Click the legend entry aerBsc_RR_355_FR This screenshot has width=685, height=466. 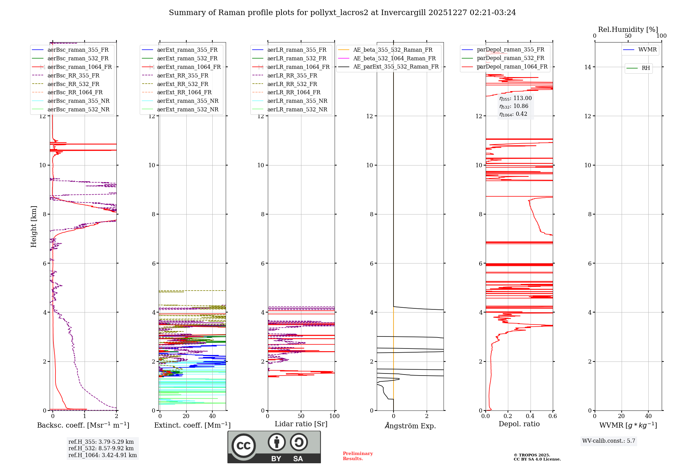pyautogui.click(x=73, y=75)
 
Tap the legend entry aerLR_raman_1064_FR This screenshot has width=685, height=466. pyautogui.click(x=298, y=67)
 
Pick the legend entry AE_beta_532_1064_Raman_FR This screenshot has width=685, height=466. pyautogui.click(x=394, y=58)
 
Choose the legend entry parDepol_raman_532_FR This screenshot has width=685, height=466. pyautogui.click(x=510, y=58)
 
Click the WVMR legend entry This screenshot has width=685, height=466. pyautogui.click(x=647, y=50)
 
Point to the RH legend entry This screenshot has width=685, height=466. pyautogui.click(x=646, y=68)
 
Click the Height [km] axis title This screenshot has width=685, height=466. pyautogui.click(x=34, y=226)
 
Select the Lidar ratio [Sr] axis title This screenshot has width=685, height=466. pyautogui.click(x=301, y=424)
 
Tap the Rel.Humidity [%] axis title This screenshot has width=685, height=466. pyautogui.click(x=628, y=29)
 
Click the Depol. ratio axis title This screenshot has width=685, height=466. pyautogui.click(x=519, y=424)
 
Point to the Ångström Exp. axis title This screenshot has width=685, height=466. pyautogui.click(x=410, y=426)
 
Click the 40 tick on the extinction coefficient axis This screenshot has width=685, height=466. pyautogui.click(x=212, y=416)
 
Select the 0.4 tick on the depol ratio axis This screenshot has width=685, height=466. pyautogui.click(x=530, y=416)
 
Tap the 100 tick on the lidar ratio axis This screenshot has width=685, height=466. pyautogui.click(x=334, y=416)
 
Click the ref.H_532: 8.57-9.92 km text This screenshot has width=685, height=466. pyautogui.click(x=101, y=448)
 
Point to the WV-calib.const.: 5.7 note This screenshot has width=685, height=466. pyautogui.click(x=609, y=441)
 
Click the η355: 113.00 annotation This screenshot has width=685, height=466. pyautogui.click(x=515, y=98)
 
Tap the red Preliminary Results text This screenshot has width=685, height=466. pyautogui.click(x=358, y=456)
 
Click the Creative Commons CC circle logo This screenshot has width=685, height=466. pyautogui.click(x=244, y=445)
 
